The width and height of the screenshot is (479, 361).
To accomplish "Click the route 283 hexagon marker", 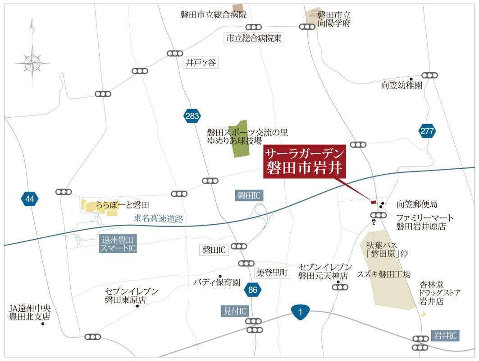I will pyautogui.click(x=192, y=116).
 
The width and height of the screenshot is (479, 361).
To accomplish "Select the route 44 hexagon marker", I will pyautogui.click(x=30, y=198).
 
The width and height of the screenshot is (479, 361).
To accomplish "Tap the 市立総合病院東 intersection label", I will pyautogui.click(x=254, y=38).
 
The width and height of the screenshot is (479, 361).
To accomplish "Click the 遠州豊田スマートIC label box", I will pyautogui.click(x=119, y=244).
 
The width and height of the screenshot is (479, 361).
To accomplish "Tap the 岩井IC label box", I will pyautogui.click(x=445, y=335).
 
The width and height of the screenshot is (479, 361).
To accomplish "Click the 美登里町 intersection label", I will pyautogui.click(x=272, y=273).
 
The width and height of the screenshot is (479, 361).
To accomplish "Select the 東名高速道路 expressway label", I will pyautogui.click(x=159, y=219).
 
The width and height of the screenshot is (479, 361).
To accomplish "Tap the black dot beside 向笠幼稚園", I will pyautogui.click(x=411, y=79).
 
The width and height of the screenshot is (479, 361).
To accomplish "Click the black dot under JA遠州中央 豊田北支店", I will pyautogui.click(x=43, y=324).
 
